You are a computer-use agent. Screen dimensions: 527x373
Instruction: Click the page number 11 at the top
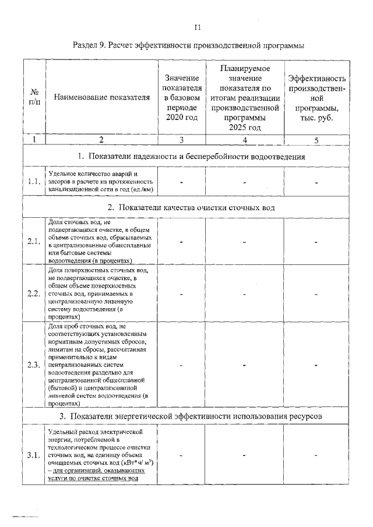(197, 27)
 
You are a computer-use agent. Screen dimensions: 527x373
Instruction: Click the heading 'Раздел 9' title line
(189, 45)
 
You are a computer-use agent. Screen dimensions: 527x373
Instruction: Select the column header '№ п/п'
(34, 97)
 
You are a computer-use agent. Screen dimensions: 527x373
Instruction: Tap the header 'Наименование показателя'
(101, 97)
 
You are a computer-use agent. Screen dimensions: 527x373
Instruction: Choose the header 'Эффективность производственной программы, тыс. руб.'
(317, 97)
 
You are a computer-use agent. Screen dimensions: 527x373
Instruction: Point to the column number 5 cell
(316, 140)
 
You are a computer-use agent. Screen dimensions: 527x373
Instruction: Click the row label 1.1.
(34, 182)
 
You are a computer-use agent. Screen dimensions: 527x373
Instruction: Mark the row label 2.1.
(34, 241)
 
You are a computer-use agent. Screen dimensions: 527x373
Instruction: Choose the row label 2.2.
(34, 293)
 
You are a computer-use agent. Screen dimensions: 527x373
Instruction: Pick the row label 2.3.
(34, 365)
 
